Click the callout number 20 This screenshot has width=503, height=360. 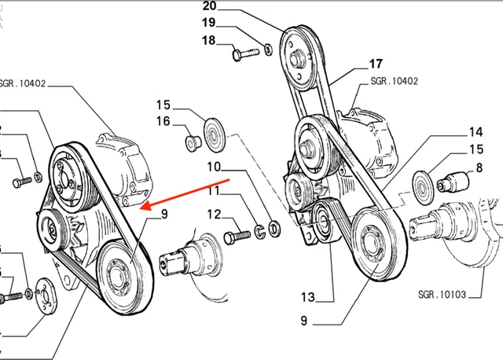[x=211, y=7]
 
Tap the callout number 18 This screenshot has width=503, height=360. [x=208, y=40]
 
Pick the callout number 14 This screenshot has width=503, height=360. [x=476, y=131]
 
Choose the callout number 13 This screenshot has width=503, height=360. [x=307, y=297]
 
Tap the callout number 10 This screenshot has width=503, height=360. [x=215, y=167]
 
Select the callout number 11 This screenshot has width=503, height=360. [x=215, y=190]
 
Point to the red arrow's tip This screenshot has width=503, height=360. [x=140, y=208]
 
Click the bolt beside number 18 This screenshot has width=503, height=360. [x=246, y=54]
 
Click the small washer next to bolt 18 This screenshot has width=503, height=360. [x=270, y=50]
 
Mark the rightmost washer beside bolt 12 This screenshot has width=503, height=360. [x=273, y=229]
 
